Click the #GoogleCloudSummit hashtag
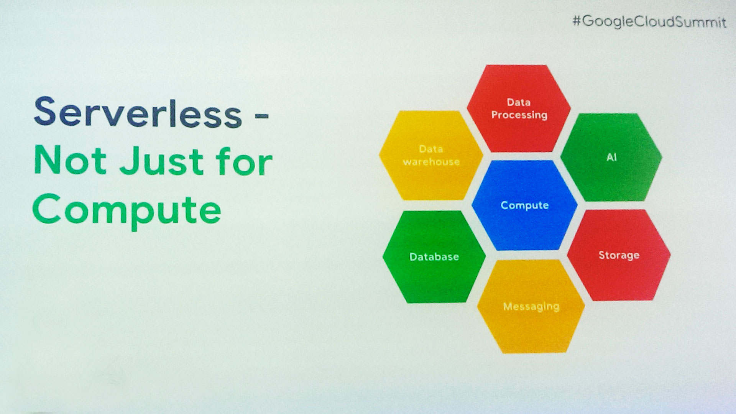pos(649,21)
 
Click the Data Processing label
pos(519,108)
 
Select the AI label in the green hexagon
pos(611,157)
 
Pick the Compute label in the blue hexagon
pos(524,205)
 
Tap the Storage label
pos(619,255)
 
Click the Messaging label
pos(531,307)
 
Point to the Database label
pos(434,257)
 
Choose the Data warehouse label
pos(431,155)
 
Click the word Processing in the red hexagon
pos(519,115)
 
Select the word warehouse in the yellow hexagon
pos(431,162)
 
